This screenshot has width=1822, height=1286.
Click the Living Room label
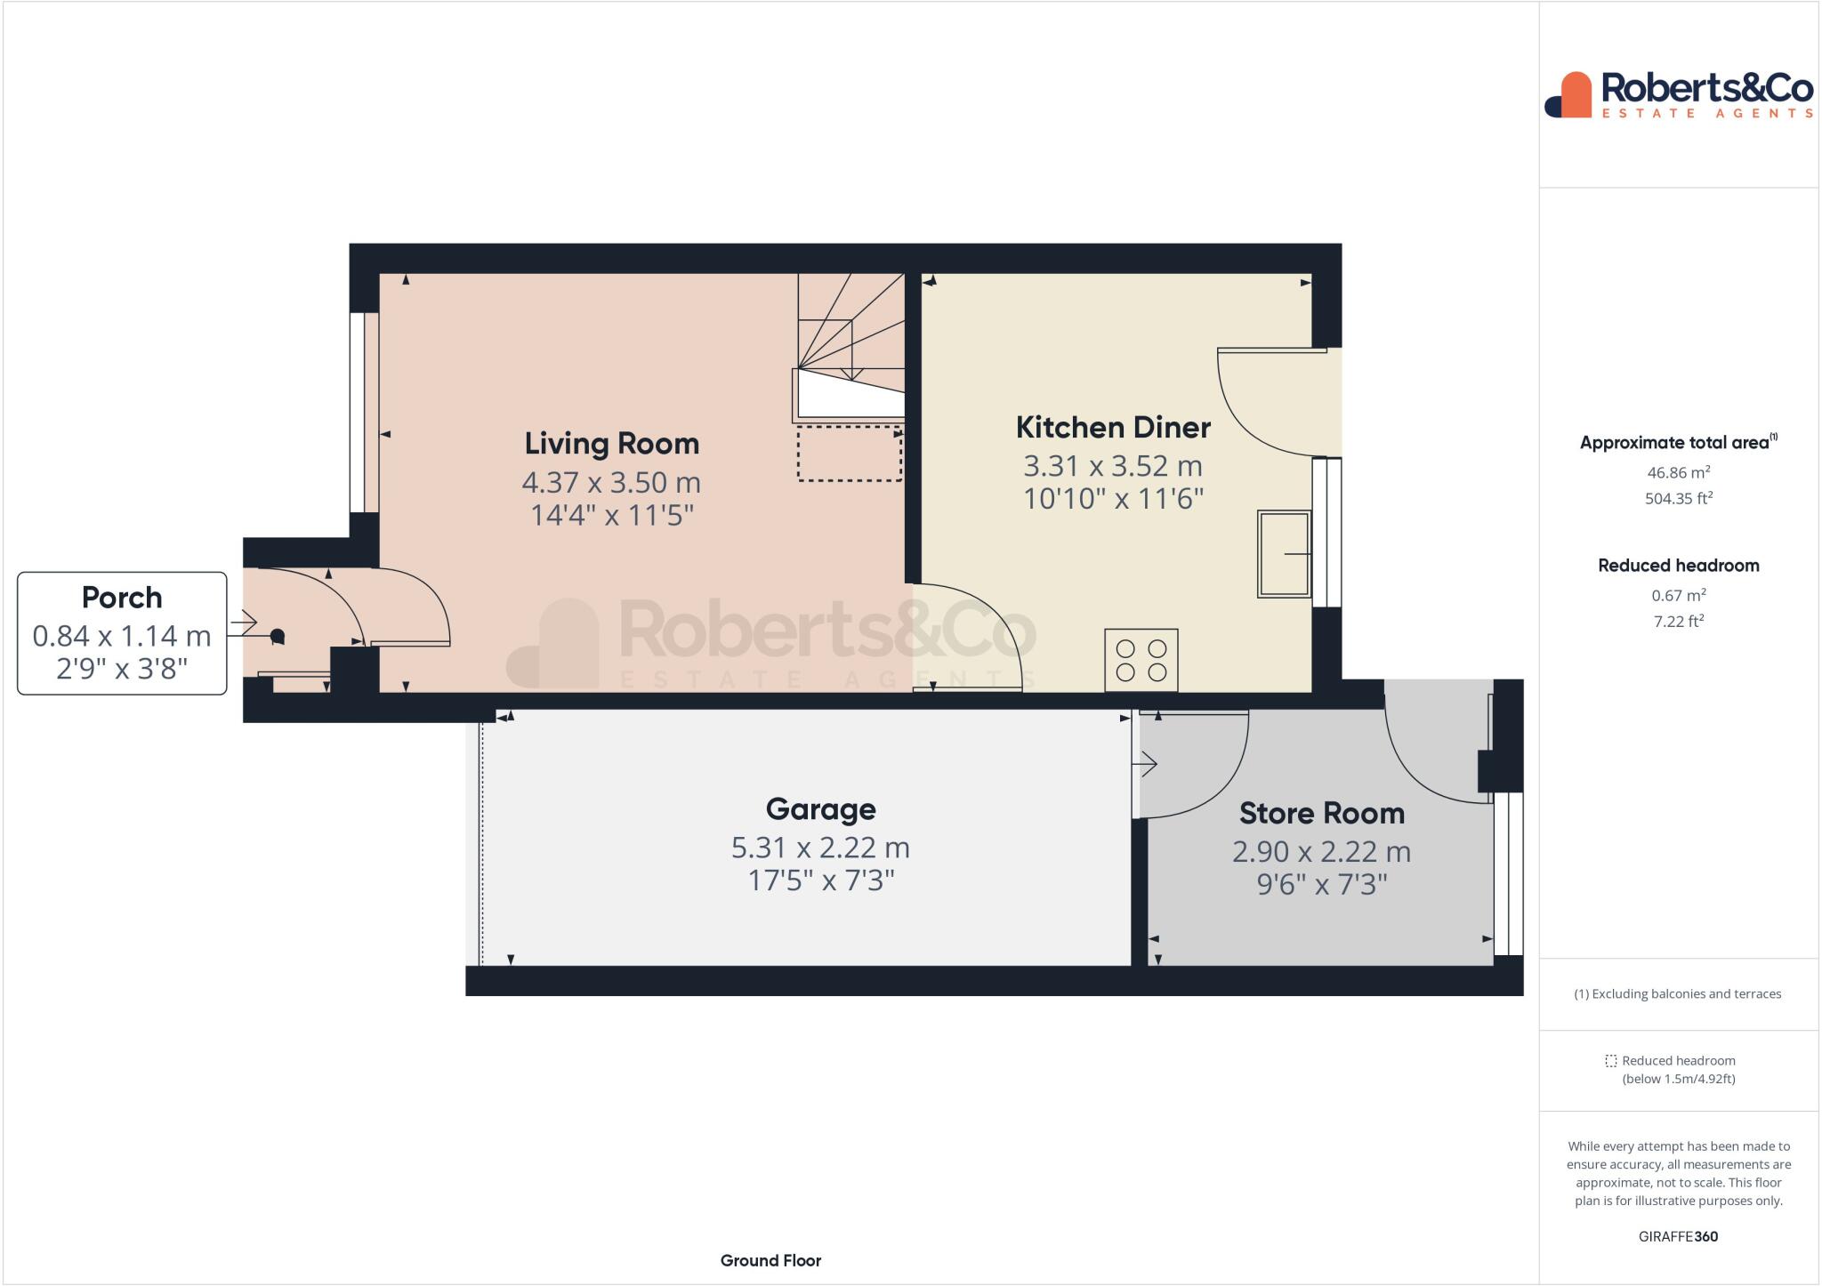point(611,443)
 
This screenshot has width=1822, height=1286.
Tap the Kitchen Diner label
point(1113,427)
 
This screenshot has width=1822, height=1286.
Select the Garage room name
point(820,808)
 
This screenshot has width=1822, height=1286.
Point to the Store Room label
point(1321,813)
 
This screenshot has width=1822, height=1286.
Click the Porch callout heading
point(122,597)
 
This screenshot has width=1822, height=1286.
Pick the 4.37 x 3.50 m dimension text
point(611,482)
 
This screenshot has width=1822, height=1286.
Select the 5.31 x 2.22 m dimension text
point(820,848)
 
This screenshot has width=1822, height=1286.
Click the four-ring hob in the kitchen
point(1141,660)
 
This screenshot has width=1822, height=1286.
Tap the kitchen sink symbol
point(1283,553)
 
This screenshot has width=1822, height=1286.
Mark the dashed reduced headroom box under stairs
point(849,454)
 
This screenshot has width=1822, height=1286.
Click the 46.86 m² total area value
point(1678,472)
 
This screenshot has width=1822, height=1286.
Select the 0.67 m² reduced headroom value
point(1678,595)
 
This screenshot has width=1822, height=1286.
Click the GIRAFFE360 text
point(1678,1236)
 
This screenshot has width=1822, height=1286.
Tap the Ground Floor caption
point(770,1260)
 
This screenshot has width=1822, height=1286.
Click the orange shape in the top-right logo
point(1576,94)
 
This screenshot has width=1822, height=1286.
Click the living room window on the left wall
point(358,412)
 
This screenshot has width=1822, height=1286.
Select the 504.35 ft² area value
point(1678,498)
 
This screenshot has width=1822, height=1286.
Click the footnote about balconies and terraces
point(1678,994)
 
